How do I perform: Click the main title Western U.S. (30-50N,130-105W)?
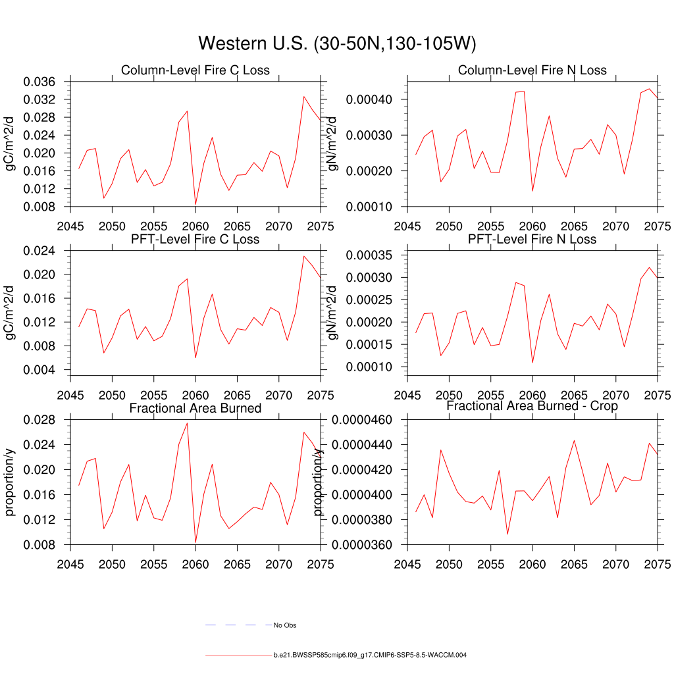336,43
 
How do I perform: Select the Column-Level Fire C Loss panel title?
195,70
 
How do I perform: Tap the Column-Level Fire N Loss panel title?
532,70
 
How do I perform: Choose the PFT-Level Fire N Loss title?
532,239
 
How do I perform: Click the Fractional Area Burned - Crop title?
532,406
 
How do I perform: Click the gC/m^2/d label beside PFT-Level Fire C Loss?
10,313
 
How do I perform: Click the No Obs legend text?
285,625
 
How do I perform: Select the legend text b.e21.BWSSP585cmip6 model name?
370,656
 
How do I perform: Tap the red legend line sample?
237,656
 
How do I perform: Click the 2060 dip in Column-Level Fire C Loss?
195,205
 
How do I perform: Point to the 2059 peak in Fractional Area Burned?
187,423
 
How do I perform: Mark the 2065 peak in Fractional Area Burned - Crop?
574,440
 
